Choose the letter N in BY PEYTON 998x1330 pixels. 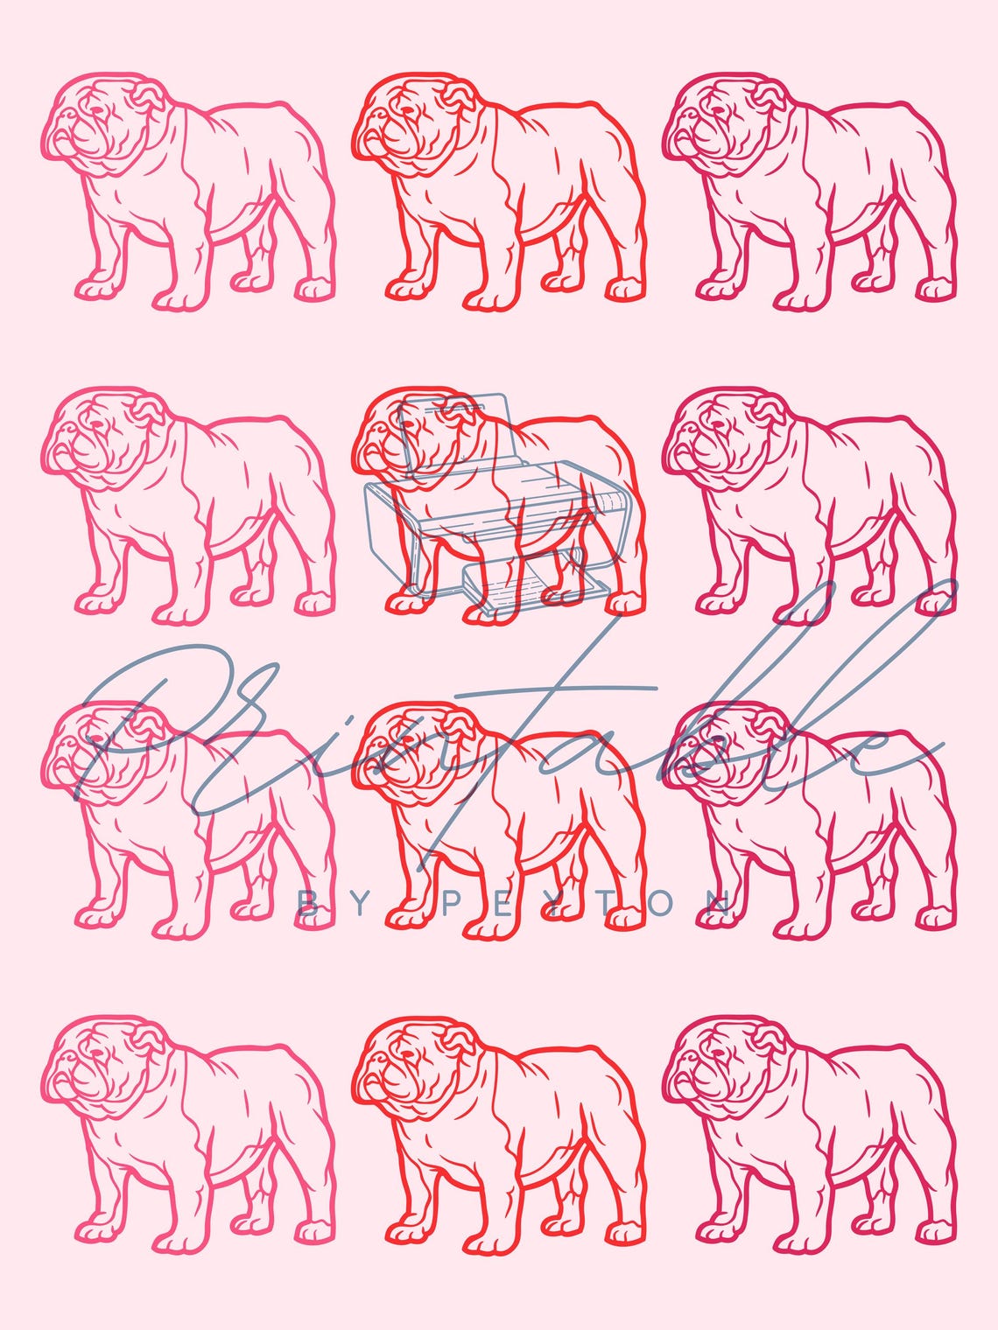point(720,902)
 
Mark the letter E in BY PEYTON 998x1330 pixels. point(495,902)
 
